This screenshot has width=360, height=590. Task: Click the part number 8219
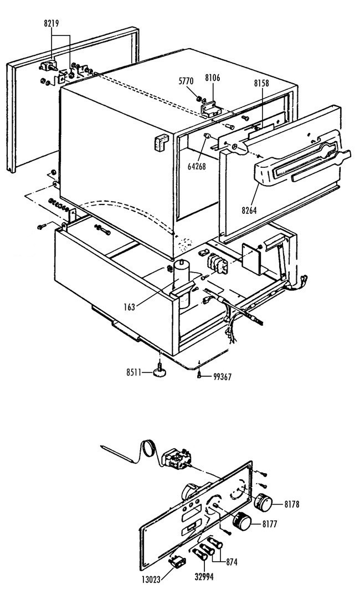(x=51, y=23)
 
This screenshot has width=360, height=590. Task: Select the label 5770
(x=186, y=81)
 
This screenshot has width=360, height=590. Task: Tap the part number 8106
(x=213, y=78)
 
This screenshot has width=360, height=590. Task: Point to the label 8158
(x=261, y=83)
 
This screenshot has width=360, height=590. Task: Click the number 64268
(x=197, y=166)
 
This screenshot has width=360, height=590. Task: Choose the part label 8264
(x=249, y=211)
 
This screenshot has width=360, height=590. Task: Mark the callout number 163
(x=129, y=307)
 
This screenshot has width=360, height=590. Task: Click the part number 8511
(x=133, y=372)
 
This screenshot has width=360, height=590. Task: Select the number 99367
(x=222, y=377)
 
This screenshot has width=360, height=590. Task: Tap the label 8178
(x=291, y=504)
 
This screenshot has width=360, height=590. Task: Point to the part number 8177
(x=269, y=524)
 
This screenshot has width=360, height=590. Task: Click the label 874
(x=232, y=562)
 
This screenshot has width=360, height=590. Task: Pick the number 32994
(x=204, y=576)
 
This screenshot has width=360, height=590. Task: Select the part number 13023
(x=151, y=579)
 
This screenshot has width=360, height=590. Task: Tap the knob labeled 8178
(x=263, y=502)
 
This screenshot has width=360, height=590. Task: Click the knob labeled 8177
(x=241, y=521)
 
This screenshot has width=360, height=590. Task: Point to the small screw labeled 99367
(x=199, y=374)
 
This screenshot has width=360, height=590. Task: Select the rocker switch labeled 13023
(x=177, y=562)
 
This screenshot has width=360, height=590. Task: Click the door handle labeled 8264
(x=301, y=162)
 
